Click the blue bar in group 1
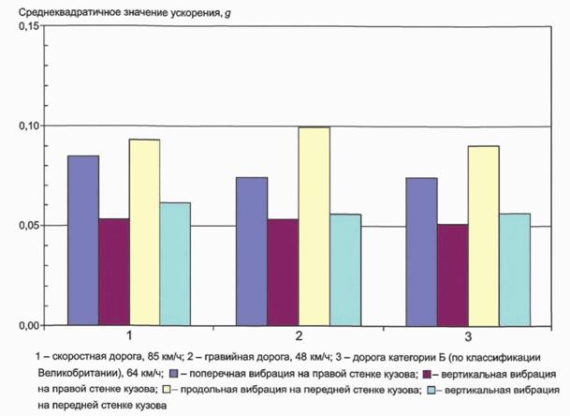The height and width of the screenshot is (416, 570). click(83, 240)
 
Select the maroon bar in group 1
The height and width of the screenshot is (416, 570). click(114, 272)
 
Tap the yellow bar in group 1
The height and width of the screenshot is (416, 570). click(145, 232)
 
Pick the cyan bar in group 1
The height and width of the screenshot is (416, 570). click(175, 264)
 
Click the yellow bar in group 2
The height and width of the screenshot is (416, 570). click(314, 227)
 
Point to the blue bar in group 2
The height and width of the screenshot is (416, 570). click(252, 251)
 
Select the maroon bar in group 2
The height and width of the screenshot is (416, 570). click(284, 273)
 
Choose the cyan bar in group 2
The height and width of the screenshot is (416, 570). click(345, 270)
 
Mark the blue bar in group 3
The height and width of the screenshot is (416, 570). click(422, 252)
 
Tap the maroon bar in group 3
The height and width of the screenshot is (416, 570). click(453, 275)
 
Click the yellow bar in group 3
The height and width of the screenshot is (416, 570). click(484, 236)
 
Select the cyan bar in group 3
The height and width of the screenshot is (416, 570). click(515, 270)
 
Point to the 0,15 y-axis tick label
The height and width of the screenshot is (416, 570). click(29, 26)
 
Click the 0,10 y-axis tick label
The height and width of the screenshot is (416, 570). click(29, 126)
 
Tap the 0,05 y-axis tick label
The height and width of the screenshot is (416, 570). click(29, 226)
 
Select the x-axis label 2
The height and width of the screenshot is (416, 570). click(299, 335)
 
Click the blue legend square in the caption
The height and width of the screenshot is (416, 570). click(174, 374)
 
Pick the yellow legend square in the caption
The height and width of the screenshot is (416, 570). click(167, 390)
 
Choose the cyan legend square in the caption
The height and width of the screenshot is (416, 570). click(431, 390)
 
